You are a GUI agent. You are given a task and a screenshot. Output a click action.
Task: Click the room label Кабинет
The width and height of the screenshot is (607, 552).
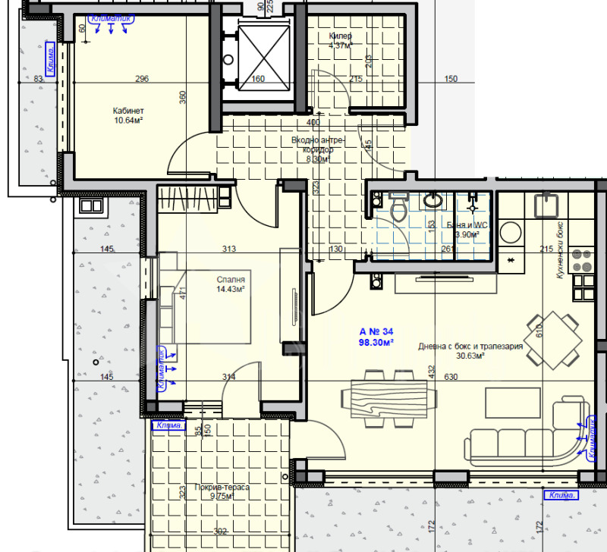[x=124, y=109]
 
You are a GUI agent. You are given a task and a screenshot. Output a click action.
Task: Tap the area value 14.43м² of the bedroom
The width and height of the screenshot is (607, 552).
[x=230, y=289]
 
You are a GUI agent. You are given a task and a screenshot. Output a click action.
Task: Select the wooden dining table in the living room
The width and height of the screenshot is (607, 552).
[x=390, y=394]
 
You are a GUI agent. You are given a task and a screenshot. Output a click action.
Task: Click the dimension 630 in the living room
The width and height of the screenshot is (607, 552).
[x=451, y=378]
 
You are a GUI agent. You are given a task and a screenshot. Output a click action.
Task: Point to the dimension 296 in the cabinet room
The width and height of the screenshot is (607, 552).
[x=141, y=79]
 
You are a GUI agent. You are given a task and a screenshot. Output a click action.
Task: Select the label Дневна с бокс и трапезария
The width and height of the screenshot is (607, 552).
[x=470, y=347]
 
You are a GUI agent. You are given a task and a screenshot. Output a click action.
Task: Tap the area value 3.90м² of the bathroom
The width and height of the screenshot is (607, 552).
[x=467, y=234]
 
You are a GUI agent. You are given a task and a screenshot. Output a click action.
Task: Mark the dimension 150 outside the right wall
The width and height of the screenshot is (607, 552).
[x=451, y=79]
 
